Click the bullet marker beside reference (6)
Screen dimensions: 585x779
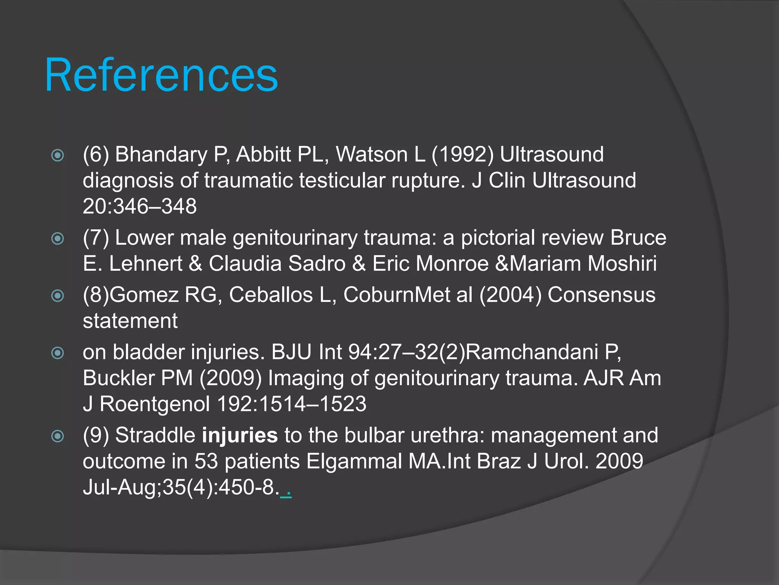click(57, 155)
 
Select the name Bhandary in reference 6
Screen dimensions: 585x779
click(161, 155)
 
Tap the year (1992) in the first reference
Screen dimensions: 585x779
click(462, 155)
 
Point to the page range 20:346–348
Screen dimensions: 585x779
click(140, 206)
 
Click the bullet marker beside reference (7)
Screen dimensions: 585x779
click(57, 239)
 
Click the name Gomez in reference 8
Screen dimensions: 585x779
click(144, 295)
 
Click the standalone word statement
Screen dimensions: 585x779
click(130, 321)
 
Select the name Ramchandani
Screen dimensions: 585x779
click(531, 352)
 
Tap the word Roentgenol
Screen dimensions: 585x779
click(154, 404)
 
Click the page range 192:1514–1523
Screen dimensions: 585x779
click(291, 404)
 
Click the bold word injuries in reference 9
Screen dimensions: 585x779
click(240, 435)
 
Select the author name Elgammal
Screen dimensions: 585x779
click(354, 461)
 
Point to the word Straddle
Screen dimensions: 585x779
click(155, 435)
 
